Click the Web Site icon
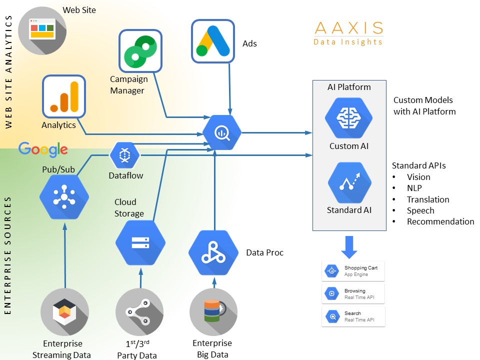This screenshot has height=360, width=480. pyautogui.click(x=42, y=30)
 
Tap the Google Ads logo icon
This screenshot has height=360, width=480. pyautogui.click(x=213, y=41)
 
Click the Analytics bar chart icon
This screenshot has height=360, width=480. pyautogui.click(x=63, y=96)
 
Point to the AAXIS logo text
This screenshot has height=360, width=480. pyautogui.click(x=348, y=28)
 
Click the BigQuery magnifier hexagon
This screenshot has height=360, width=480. pyautogui.click(x=222, y=133)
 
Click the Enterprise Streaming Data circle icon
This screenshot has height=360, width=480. pyautogui.click(x=64, y=312)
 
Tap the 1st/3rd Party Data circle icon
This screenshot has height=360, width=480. pyautogui.click(x=139, y=312)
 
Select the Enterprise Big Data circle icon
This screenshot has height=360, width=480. pyautogui.click(x=213, y=311)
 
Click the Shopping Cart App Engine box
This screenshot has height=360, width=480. pyautogui.click(x=353, y=271)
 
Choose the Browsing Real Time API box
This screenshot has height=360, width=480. pyautogui.click(x=353, y=294)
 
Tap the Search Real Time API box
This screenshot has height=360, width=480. pyautogui.click(x=353, y=316)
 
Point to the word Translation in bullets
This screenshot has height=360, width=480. pyautogui.click(x=427, y=199)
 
